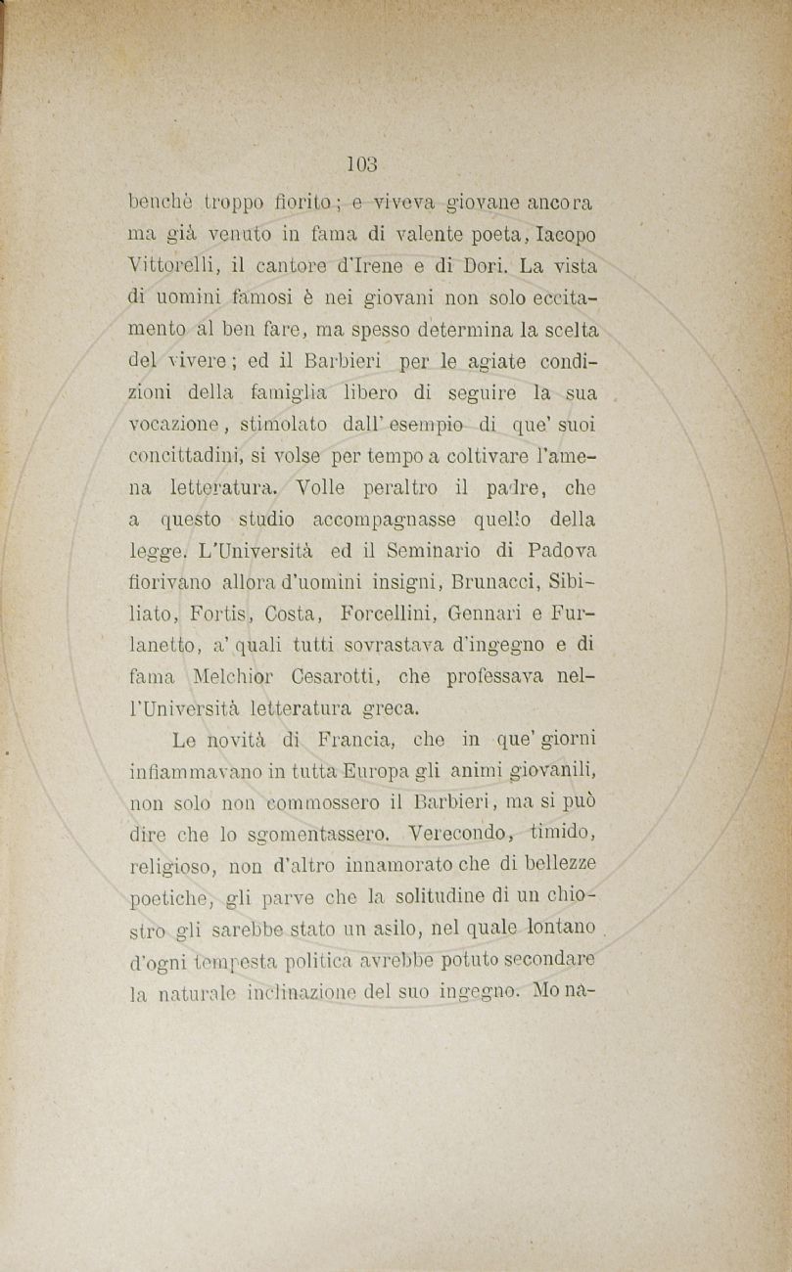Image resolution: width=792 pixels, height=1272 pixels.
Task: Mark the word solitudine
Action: (428, 895)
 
